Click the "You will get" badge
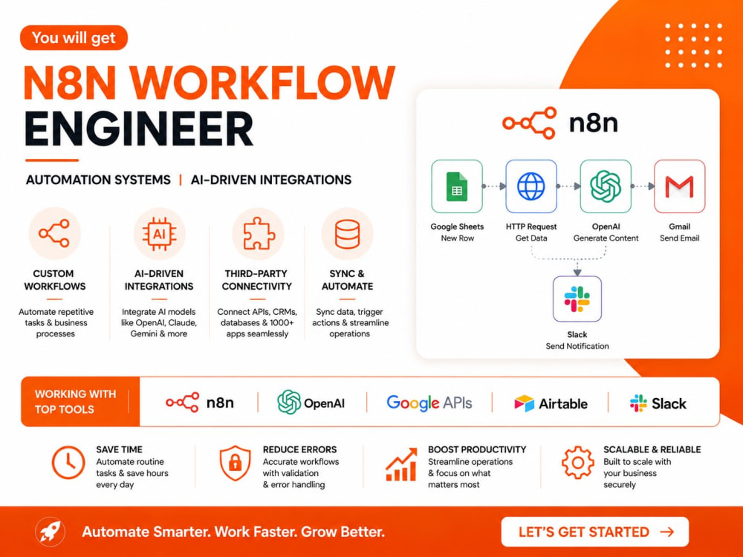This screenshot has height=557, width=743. pyautogui.click(x=74, y=37)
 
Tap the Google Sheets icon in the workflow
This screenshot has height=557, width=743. pyautogui.click(x=457, y=186)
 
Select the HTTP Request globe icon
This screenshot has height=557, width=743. pyautogui.click(x=531, y=186)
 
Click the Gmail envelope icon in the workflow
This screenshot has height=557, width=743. pyautogui.click(x=680, y=186)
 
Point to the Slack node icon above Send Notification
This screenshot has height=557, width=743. pyautogui.click(x=577, y=299)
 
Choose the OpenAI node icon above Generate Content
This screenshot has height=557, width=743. pyautogui.click(x=606, y=186)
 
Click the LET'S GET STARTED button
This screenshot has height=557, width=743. pyautogui.click(x=595, y=532)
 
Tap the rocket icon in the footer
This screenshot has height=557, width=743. pyautogui.click(x=51, y=532)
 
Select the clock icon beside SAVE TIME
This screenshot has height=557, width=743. pyautogui.click(x=68, y=462)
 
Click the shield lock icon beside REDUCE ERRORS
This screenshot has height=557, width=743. pyautogui.click(x=235, y=463)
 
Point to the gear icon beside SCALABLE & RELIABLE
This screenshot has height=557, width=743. pyautogui.click(x=577, y=462)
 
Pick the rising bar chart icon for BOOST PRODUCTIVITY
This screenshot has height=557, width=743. pyautogui.click(x=401, y=464)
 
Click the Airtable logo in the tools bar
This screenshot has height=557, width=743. pyautogui.click(x=551, y=403)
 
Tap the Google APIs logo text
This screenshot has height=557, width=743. pyautogui.click(x=429, y=403)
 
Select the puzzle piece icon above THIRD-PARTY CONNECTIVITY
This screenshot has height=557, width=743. pyautogui.click(x=258, y=233)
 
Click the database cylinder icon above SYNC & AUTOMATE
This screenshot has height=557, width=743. pyautogui.click(x=347, y=233)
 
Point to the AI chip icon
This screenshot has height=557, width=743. pyautogui.click(x=159, y=233)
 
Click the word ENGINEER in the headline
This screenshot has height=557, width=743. pyautogui.click(x=139, y=128)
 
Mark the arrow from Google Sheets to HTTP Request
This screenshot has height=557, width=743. pyautogui.click(x=494, y=186)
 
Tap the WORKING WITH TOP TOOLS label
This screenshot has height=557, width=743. pyautogui.click(x=75, y=402)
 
